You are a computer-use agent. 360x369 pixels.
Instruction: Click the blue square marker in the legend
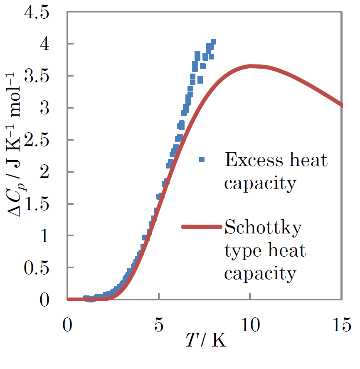(202, 159)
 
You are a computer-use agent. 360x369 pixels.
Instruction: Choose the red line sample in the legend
(202, 227)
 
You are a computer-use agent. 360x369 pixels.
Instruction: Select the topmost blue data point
(213, 42)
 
